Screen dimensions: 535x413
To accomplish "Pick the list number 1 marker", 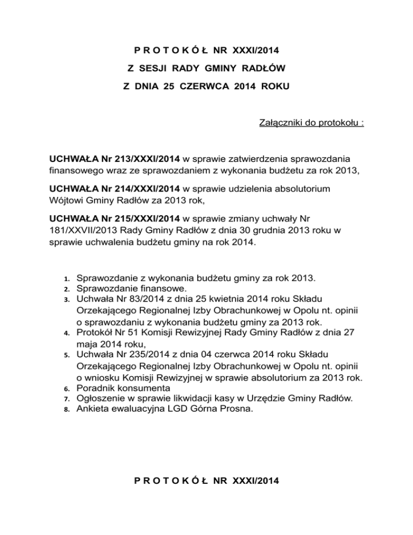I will tap(66, 280).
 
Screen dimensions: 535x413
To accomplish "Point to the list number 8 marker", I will tap(66, 410).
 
